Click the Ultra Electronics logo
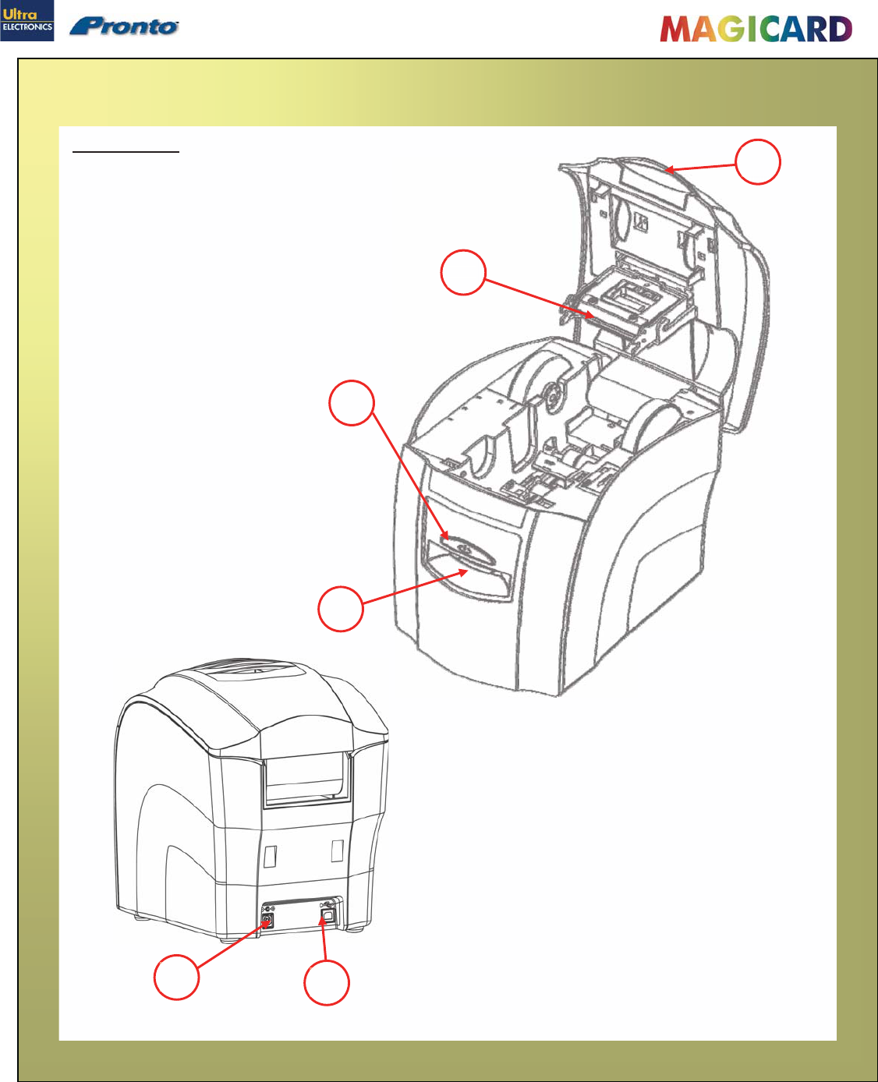point(27,21)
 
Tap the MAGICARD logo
point(756,30)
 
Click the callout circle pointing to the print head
point(463,272)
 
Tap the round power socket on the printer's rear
point(266,920)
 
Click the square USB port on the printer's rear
point(327,917)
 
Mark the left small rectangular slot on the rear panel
point(270,855)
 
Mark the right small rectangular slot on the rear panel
point(337,850)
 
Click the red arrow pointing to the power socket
point(231,944)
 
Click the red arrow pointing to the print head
point(538,297)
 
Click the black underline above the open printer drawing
point(126,152)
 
